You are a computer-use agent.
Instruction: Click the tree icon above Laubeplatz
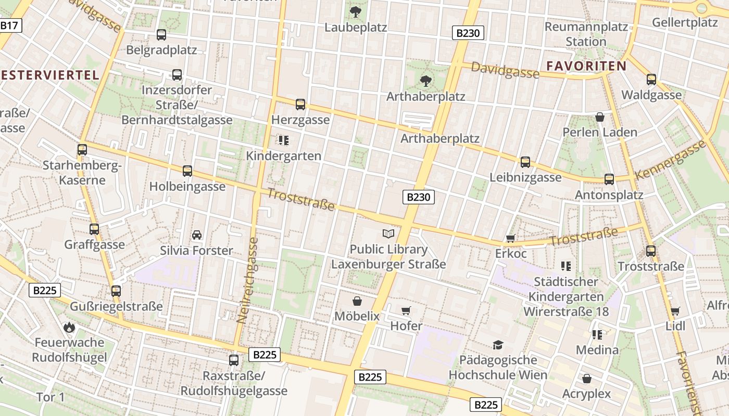coord(356,11)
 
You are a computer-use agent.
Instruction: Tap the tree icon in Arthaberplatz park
coord(425,81)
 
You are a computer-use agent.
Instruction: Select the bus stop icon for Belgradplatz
coord(161,35)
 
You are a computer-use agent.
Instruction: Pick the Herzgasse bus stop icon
coord(300,105)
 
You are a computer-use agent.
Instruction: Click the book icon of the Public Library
coord(388,233)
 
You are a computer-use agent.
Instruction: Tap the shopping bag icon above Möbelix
coord(357,301)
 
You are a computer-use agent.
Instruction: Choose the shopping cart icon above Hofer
coord(406,311)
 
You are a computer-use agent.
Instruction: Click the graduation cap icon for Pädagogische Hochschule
coord(498,345)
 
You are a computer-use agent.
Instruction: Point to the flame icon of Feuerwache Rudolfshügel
coord(69,327)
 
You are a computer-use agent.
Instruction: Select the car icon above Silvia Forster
coord(197,235)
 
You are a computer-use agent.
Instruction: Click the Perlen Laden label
coord(600,132)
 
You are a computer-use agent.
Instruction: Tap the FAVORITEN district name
coord(586,66)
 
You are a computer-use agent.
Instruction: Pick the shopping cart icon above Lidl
coord(675,311)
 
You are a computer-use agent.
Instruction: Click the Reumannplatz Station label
coord(586,34)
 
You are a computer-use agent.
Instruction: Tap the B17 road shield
coord(9,25)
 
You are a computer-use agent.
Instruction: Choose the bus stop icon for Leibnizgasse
coord(525,162)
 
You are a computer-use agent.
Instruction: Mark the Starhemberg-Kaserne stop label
coord(82,173)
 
